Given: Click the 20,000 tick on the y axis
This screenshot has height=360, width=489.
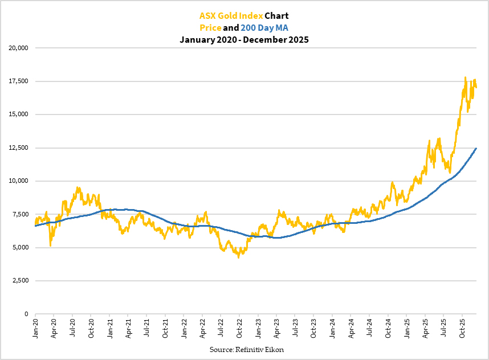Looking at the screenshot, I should (19, 48).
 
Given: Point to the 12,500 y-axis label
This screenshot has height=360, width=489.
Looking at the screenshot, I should (19, 148).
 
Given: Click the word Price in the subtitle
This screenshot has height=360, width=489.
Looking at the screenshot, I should (209, 28).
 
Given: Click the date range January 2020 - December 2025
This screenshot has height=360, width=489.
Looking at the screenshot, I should (244, 40).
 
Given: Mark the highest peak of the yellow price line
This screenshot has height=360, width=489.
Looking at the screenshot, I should (466, 77).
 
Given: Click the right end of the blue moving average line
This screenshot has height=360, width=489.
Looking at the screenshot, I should (476, 148).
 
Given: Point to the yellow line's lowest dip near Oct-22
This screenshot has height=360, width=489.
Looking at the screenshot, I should (239, 257).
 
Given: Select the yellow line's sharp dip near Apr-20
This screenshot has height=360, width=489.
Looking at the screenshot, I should (51, 246).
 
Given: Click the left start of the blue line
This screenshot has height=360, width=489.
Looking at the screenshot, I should (35, 226).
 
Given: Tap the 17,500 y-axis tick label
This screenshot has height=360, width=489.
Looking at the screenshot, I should (19, 81).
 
